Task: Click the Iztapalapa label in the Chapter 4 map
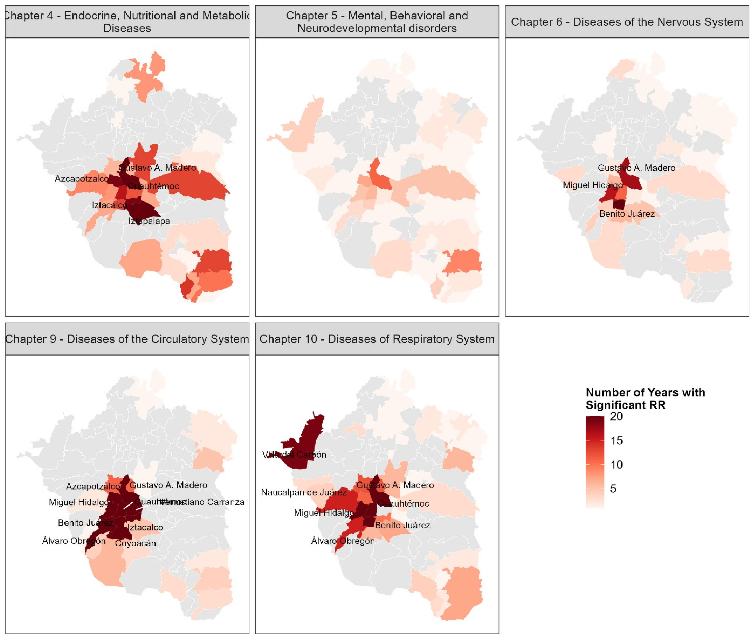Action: (149, 221)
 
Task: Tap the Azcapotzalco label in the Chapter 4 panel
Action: (82, 178)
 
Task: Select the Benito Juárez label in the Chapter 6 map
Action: (627, 214)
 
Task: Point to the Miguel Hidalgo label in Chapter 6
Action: (593, 185)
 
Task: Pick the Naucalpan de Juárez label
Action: (304, 492)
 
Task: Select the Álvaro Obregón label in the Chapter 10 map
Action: (343, 541)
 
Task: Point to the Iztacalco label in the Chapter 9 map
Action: (145, 527)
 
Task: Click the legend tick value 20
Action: (616, 416)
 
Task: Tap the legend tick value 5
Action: (613, 489)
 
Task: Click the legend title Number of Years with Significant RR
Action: (645, 399)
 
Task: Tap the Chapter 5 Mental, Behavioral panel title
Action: (377, 22)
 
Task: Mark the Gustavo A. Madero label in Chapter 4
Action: (157, 168)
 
